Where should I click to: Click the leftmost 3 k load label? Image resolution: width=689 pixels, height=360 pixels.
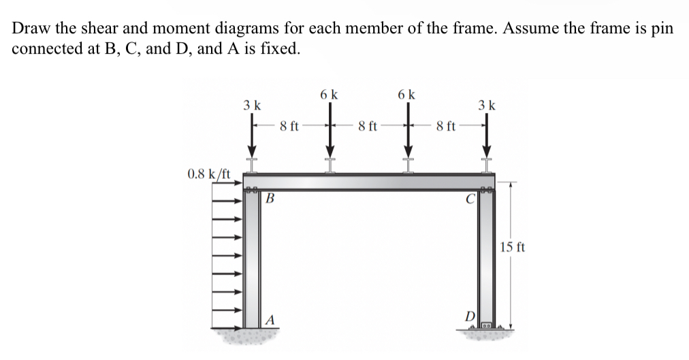tap(252, 106)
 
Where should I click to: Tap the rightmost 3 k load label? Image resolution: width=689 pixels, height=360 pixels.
tap(487, 105)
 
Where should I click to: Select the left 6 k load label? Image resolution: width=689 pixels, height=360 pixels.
tap(330, 95)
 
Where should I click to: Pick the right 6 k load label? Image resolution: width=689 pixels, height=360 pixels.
tap(408, 95)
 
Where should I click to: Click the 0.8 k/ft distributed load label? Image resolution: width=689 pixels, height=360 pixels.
tap(208, 174)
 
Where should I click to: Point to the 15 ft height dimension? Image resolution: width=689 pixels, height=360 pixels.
tap(512, 246)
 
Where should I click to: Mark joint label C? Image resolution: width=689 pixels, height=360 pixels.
tap(469, 199)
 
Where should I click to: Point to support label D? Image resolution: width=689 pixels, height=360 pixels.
tap(470, 316)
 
